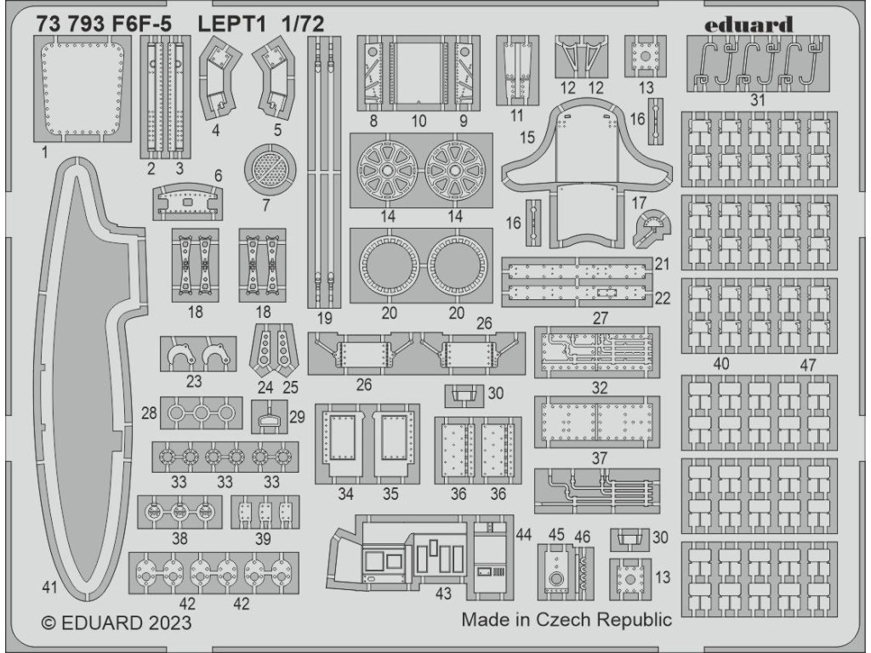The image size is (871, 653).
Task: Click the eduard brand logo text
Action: coord(749,24)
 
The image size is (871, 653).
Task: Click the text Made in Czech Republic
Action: coord(566,619)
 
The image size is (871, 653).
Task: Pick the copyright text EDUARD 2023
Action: coord(117,622)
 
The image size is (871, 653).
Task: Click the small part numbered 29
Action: coord(269,417)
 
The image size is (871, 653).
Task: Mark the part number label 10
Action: coord(418,122)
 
